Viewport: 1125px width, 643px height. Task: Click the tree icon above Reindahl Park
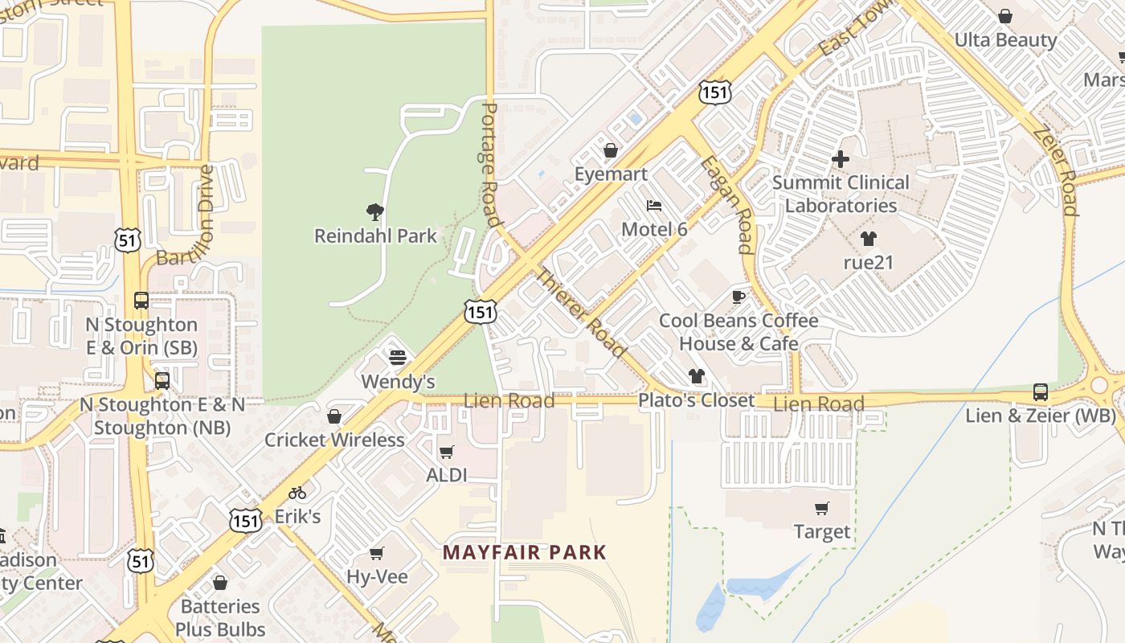click(x=374, y=212)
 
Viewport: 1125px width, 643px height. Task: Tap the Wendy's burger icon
click(x=398, y=357)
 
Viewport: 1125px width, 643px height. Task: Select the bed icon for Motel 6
click(x=654, y=206)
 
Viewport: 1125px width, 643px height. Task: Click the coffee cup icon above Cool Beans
click(x=738, y=297)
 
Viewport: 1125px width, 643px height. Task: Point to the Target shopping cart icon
click(x=821, y=508)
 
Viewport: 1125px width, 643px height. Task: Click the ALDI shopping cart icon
click(x=447, y=452)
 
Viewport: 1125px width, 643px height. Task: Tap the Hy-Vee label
click(x=377, y=576)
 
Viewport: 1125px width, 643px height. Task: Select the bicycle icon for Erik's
click(x=298, y=493)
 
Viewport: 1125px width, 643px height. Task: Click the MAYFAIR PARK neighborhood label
click(x=524, y=552)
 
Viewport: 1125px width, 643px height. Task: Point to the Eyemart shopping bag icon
click(x=611, y=150)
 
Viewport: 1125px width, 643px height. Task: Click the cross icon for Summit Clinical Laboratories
click(x=841, y=159)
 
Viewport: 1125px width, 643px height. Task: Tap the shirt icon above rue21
click(x=868, y=239)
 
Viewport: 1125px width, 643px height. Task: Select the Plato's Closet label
click(x=697, y=400)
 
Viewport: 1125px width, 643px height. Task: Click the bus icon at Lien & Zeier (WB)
click(x=1041, y=392)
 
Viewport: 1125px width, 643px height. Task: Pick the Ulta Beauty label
click(x=1005, y=39)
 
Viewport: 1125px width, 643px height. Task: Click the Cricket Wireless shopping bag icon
click(x=334, y=416)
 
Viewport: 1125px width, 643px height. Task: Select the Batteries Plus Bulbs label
click(x=220, y=617)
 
